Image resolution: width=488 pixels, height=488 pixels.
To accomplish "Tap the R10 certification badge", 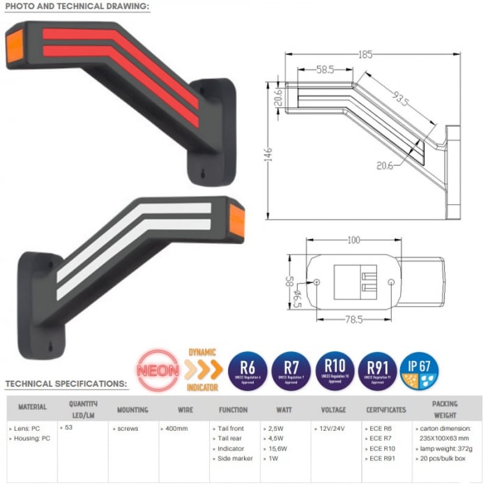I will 335,370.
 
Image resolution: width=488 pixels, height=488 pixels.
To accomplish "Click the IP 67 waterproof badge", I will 421,370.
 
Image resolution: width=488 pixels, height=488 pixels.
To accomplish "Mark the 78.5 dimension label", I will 355,319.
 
